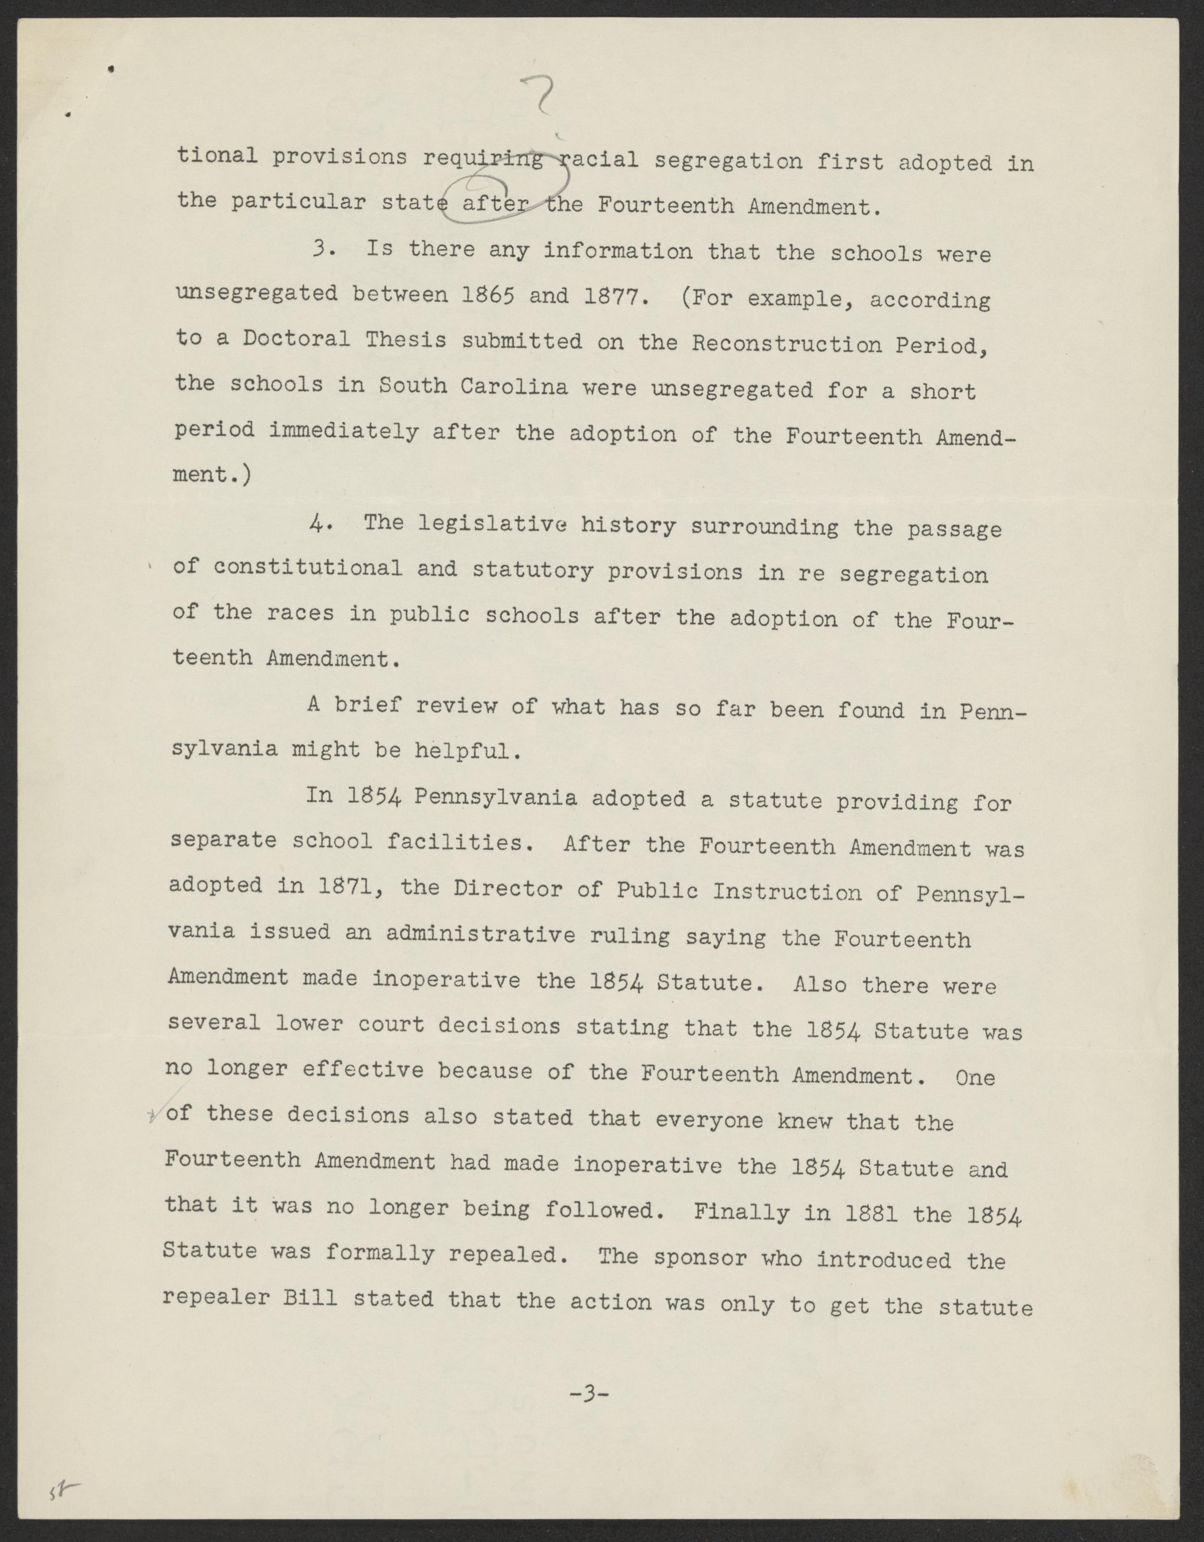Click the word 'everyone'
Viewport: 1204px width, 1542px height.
(709, 1120)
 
